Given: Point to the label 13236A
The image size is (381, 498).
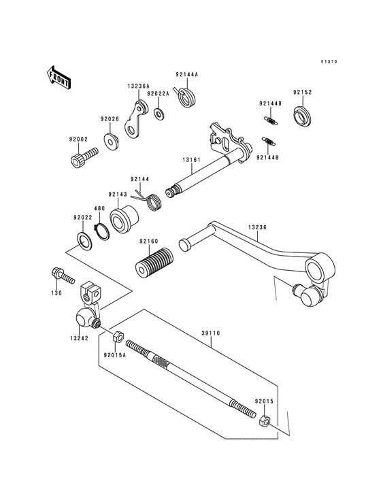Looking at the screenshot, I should point(137,86).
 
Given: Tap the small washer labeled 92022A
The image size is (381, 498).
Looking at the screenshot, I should point(159,112).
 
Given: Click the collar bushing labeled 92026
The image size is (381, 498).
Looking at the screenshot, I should point(110,140).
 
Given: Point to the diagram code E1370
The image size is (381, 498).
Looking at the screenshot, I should point(329,62).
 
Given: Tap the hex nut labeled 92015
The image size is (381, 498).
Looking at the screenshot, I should point(265,421).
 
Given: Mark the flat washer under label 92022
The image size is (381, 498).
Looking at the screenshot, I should point(84,242).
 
